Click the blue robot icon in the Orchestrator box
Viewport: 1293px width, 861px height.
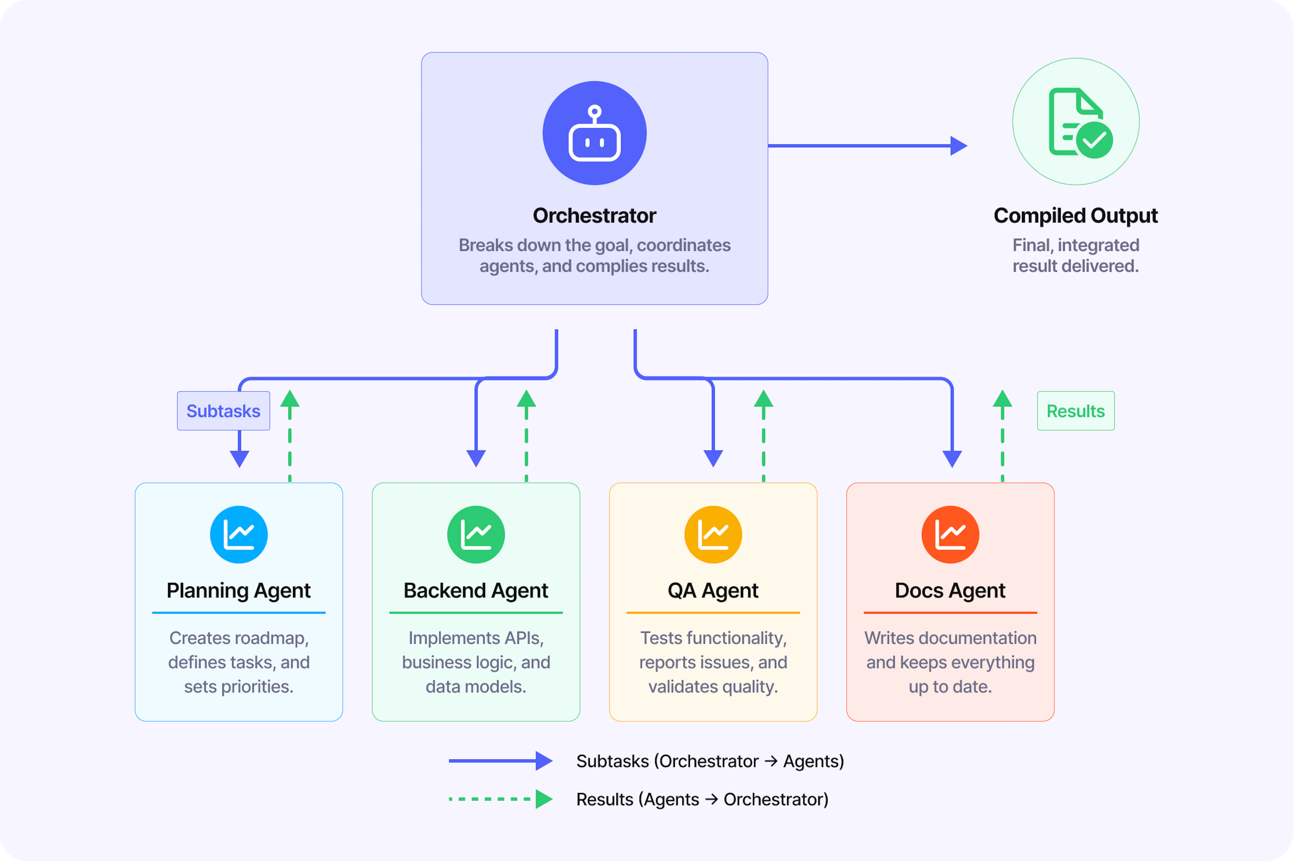(x=595, y=133)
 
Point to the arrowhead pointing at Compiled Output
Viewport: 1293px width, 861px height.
(x=959, y=146)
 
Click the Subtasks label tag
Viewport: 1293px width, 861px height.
(x=224, y=411)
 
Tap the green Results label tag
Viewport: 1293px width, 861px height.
(x=1075, y=411)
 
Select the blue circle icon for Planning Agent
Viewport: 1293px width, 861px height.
(x=239, y=534)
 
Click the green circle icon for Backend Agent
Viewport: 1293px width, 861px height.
(x=476, y=534)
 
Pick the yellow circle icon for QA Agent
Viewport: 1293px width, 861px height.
(x=713, y=534)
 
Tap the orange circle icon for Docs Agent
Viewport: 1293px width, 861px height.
(x=951, y=534)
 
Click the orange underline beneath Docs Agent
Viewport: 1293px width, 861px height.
(x=951, y=612)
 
